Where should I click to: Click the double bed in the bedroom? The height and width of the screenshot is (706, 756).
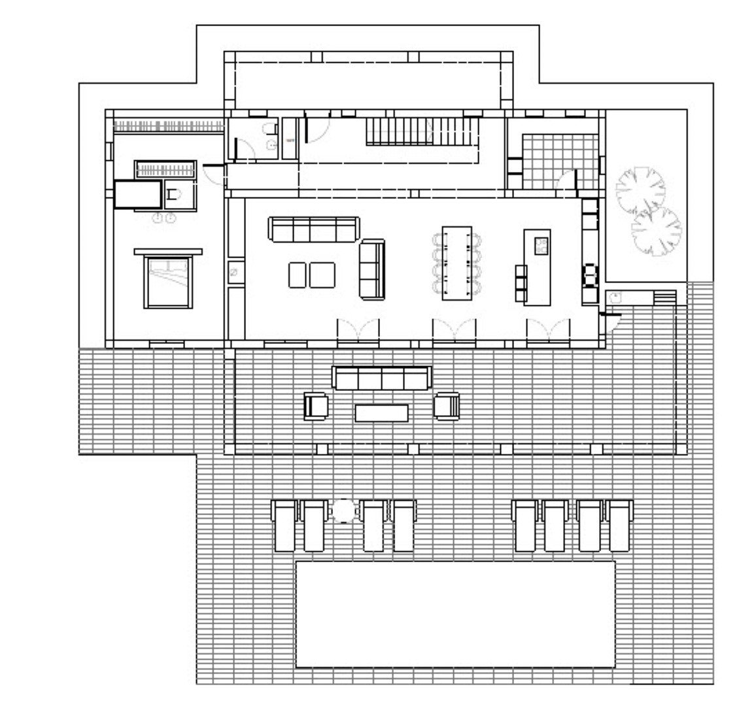coord(168,282)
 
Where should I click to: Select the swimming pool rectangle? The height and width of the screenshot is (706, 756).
coord(456,613)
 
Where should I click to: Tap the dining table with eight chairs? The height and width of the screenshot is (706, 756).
coord(456,263)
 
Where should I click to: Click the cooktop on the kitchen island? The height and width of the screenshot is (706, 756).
coord(541,245)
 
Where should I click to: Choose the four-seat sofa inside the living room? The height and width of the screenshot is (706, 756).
coord(314,229)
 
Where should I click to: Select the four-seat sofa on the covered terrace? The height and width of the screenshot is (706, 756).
coord(382,377)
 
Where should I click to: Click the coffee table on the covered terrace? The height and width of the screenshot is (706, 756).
coord(382,412)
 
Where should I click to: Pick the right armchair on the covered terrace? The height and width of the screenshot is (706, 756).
coord(447,405)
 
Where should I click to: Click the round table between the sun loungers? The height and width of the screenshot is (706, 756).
coord(343,511)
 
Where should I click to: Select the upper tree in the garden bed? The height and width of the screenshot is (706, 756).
coord(640,188)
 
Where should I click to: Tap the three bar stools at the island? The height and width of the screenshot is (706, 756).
coord(521,282)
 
